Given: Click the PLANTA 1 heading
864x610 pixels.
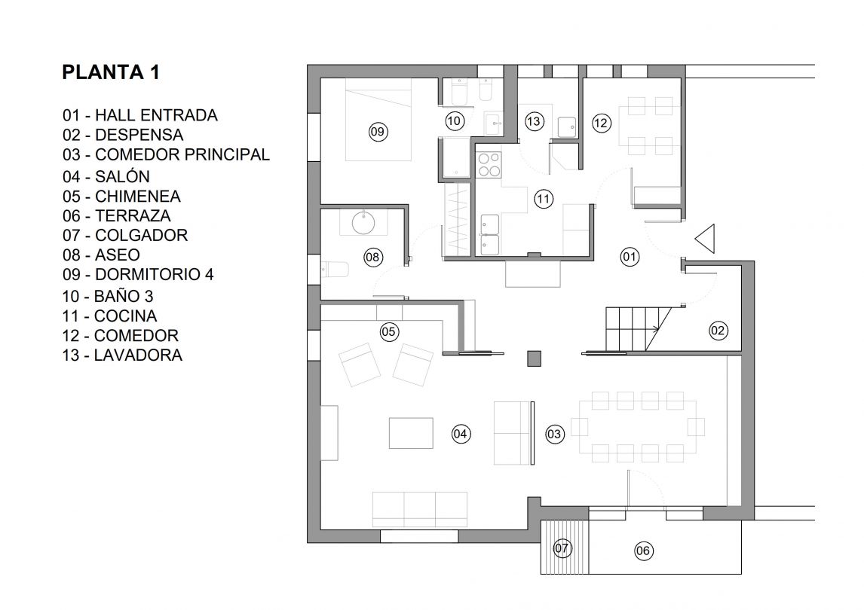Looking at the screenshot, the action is [111, 72].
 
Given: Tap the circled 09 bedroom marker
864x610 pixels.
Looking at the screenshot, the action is [378, 132].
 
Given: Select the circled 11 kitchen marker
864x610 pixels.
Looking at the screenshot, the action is [544, 199].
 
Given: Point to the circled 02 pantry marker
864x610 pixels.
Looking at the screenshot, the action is [718, 331].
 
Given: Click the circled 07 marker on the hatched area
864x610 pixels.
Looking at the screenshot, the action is [562, 547].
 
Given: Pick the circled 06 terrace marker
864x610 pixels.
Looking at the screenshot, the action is [643, 551].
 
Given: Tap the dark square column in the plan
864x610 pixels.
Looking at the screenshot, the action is [534, 358].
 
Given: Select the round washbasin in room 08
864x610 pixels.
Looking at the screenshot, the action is [363, 222].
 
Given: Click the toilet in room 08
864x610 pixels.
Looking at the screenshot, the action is [335, 270].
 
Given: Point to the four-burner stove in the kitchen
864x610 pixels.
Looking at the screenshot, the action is [489, 165].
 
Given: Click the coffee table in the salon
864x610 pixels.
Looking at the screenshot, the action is [411, 433].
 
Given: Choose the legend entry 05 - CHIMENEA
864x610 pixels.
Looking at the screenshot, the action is [121, 196].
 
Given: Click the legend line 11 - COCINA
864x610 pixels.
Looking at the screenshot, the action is [109, 316].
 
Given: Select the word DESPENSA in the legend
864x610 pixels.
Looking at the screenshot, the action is [139, 135].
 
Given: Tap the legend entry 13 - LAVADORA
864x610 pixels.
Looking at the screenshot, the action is [122, 355].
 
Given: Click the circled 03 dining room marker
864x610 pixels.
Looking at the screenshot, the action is [554, 434].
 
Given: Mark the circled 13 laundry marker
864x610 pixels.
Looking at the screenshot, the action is [533, 121].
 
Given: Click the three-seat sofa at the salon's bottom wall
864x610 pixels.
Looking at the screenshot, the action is [420, 510].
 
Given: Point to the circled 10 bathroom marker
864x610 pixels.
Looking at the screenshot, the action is [454, 121].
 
